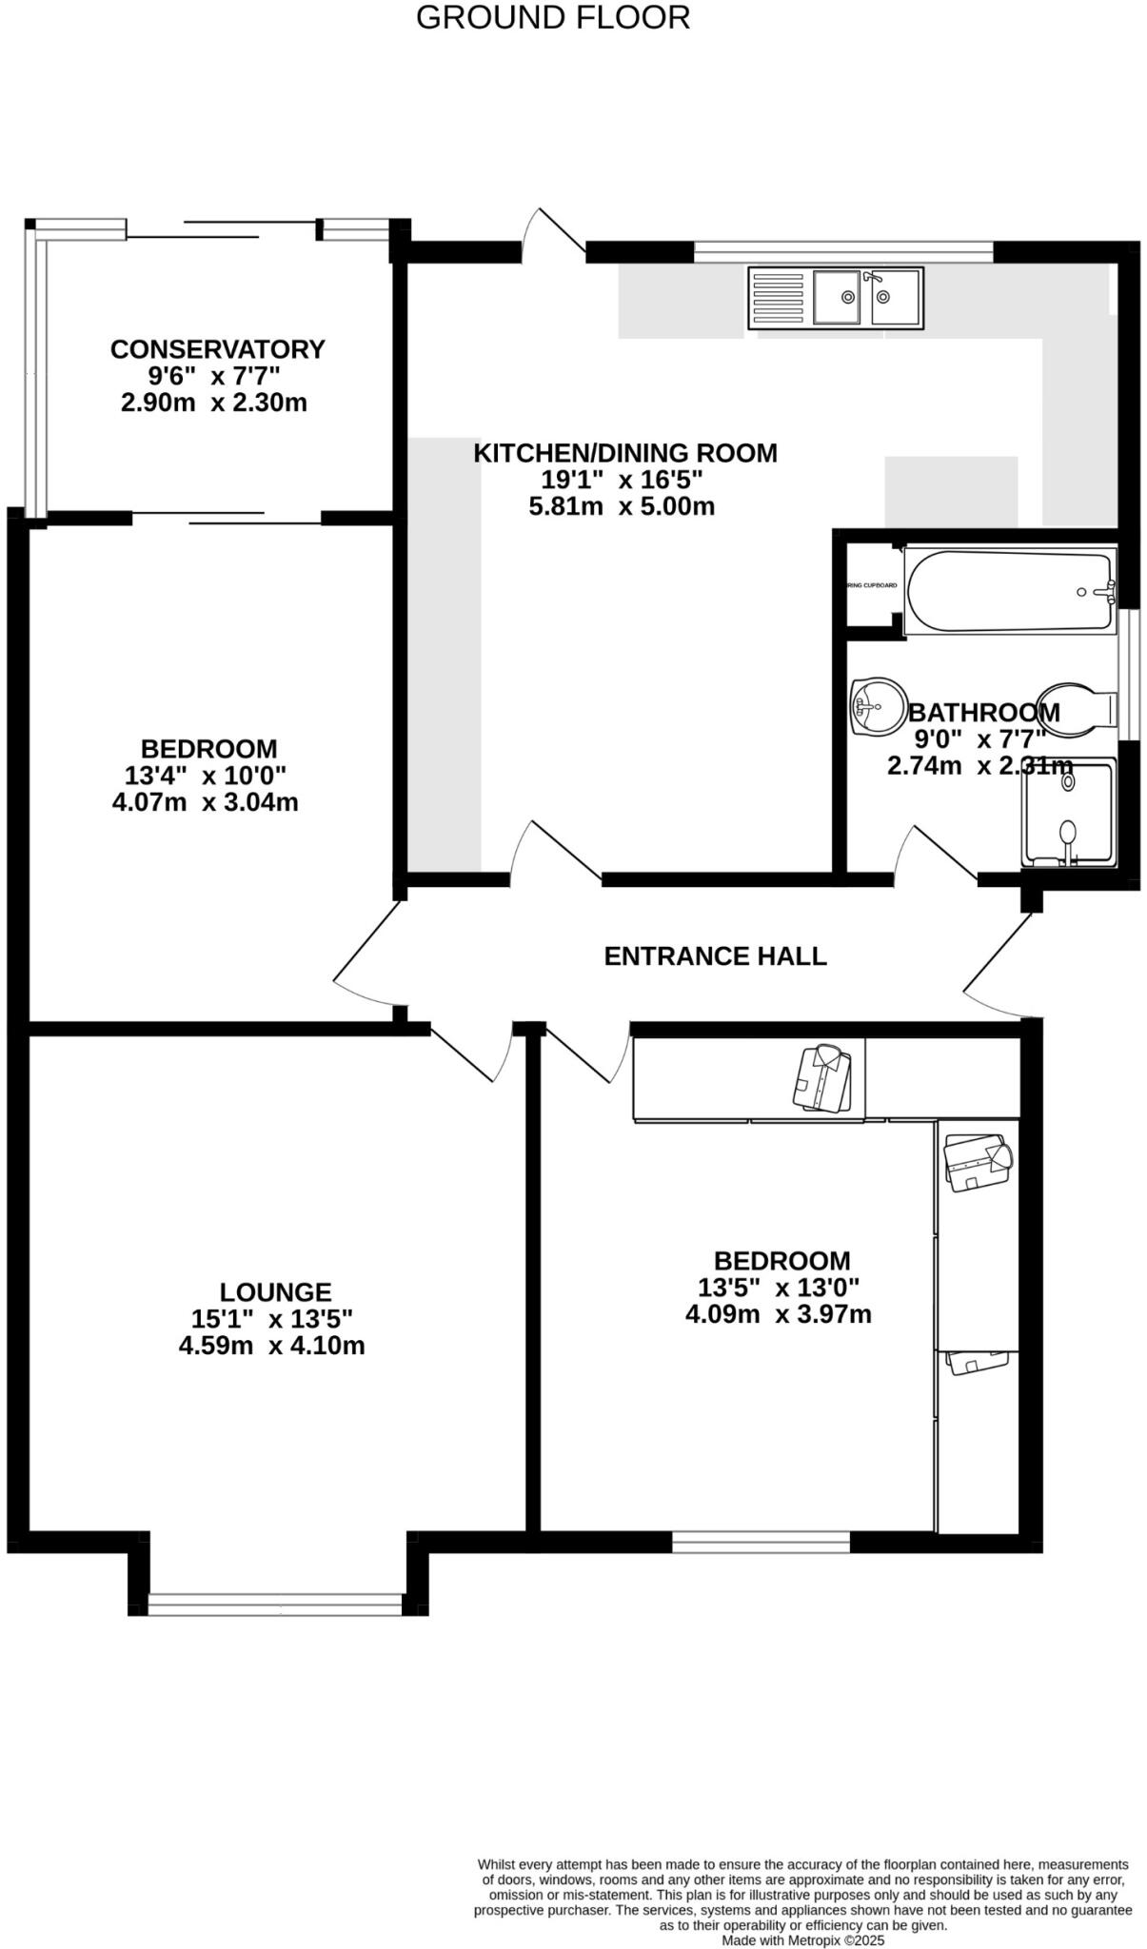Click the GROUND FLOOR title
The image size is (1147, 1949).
(553, 17)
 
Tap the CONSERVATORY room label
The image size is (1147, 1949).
(217, 349)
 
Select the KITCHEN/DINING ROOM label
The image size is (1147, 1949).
(625, 453)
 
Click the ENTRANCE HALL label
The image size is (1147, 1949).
(715, 955)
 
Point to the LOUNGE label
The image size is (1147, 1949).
(275, 1291)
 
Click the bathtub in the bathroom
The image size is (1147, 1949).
(1009, 591)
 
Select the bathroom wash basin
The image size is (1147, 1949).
(877, 706)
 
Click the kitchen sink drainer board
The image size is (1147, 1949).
(778, 299)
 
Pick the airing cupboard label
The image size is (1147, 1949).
(872, 585)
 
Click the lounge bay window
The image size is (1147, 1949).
(281, 1605)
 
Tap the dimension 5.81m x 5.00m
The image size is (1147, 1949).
(622, 506)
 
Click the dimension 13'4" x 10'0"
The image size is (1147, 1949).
(206, 775)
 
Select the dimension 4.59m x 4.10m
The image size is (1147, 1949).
(272, 1346)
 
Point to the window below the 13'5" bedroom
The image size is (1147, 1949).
(761, 1541)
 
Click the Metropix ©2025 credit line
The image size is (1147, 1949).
(803, 1939)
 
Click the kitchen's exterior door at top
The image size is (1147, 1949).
(557, 233)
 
